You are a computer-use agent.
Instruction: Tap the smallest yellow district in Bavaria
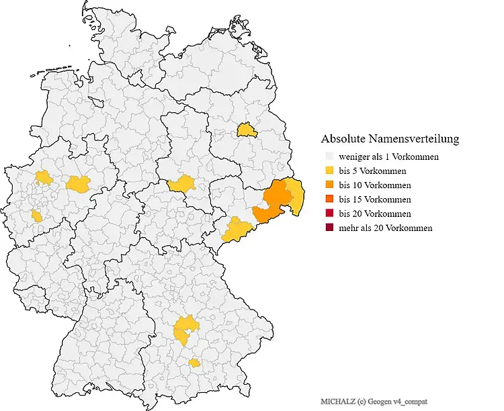tap(194, 363)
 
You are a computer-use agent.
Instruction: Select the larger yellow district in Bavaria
tap(184, 329)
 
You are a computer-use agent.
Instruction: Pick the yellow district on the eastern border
tap(295, 197)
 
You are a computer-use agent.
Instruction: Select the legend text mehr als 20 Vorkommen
tap(385, 228)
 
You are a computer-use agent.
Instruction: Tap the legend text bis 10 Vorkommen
tap(375, 185)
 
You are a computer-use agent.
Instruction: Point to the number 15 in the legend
tap(355, 199)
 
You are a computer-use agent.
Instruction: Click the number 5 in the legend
tap(353, 171)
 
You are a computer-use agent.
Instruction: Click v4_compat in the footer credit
tap(411, 401)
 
